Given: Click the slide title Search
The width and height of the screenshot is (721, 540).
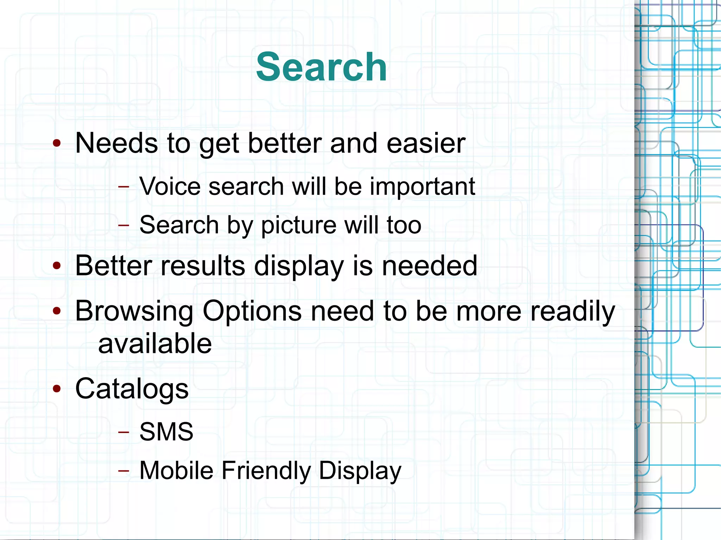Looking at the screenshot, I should (x=321, y=67).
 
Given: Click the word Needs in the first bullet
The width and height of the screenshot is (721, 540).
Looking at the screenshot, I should (x=117, y=143).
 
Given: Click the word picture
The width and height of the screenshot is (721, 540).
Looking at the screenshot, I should (x=299, y=225).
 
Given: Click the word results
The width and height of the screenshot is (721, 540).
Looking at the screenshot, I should (x=202, y=266).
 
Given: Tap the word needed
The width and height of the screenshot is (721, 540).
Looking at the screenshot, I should (x=430, y=266).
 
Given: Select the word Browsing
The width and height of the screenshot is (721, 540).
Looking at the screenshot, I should (x=134, y=311).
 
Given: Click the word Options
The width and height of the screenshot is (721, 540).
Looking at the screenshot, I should (x=252, y=311).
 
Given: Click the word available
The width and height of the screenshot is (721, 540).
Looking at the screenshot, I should (x=155, y=344).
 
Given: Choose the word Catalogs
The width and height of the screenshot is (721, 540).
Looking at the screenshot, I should (x=132, y=389).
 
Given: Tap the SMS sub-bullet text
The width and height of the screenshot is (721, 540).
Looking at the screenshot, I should (x=166, y=432).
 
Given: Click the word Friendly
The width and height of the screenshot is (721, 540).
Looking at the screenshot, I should (x=266, y=471).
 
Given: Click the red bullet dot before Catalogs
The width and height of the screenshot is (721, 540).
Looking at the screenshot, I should (x=57, y=389).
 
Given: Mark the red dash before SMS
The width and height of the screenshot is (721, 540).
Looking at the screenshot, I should (x=124, y=432).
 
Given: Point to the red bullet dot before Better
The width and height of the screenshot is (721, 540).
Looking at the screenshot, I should (x=57, y=266).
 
